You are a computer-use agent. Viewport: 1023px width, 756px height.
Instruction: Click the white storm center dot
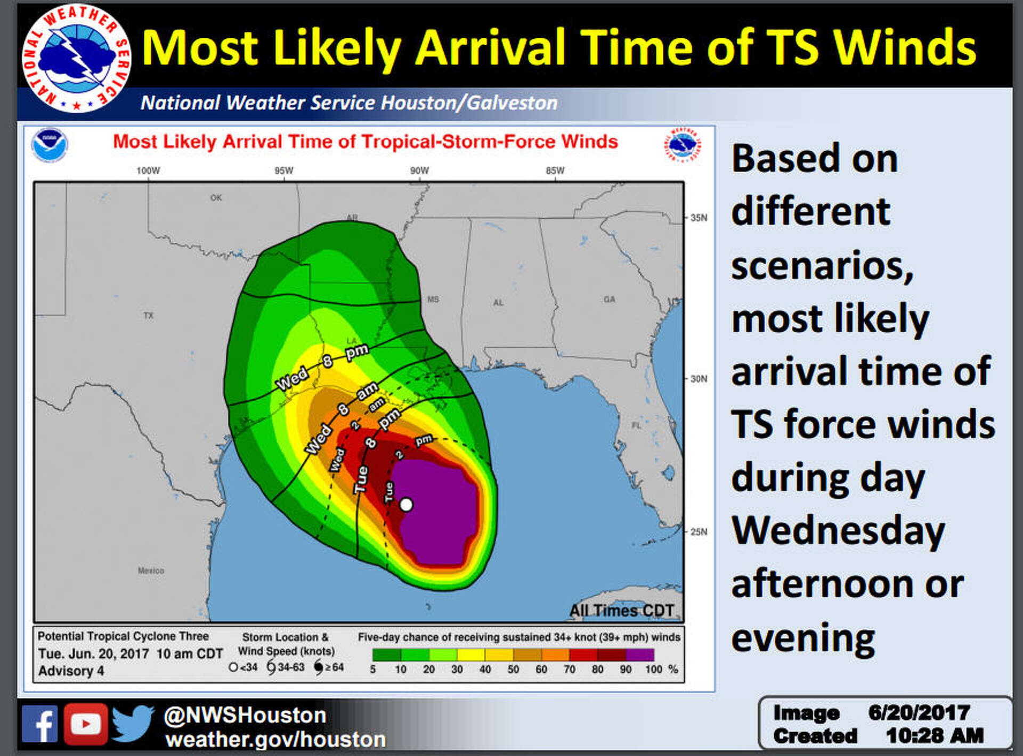[406, 504]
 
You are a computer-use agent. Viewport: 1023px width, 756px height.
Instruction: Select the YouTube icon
[86, 724]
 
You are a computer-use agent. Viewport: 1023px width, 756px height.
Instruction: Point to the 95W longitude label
[283, 171]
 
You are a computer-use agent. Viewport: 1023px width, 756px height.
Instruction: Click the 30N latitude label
[699, 379]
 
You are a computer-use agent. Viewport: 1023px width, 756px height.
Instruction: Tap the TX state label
[148, 316]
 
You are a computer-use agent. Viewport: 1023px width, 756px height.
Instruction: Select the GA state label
[610, 300]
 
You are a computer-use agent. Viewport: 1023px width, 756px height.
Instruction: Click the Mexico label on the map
[151, 571]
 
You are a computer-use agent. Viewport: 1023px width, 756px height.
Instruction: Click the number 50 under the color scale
[513, 670]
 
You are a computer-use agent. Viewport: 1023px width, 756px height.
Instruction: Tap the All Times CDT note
[621, 611]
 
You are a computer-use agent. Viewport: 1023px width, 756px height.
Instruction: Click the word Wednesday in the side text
[838, 531]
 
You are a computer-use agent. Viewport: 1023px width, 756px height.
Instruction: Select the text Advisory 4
[71, 671]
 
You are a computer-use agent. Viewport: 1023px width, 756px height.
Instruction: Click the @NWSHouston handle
[245, 715]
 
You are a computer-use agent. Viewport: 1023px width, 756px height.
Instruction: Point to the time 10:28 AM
[935, 736]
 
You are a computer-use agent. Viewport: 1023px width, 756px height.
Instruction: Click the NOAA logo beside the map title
[49, 145]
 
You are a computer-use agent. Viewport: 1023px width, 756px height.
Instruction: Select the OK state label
[216, 198]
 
